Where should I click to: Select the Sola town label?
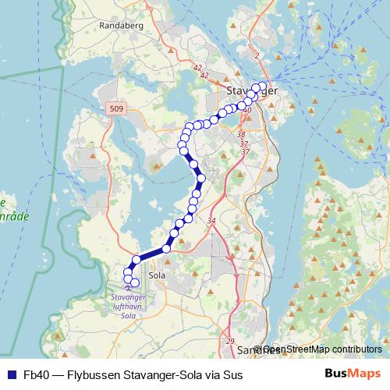click(157, 275)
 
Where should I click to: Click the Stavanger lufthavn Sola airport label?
click(128, 307)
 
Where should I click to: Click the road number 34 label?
click(211, 222)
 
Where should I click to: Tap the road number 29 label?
click(229, 342)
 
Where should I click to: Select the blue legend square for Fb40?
click(11, 375)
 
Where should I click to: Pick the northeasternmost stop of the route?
click(262, 86)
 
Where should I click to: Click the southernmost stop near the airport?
click(135, 283)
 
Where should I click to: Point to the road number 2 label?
click(256, 56)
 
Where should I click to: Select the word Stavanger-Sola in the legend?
click(165, 375)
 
